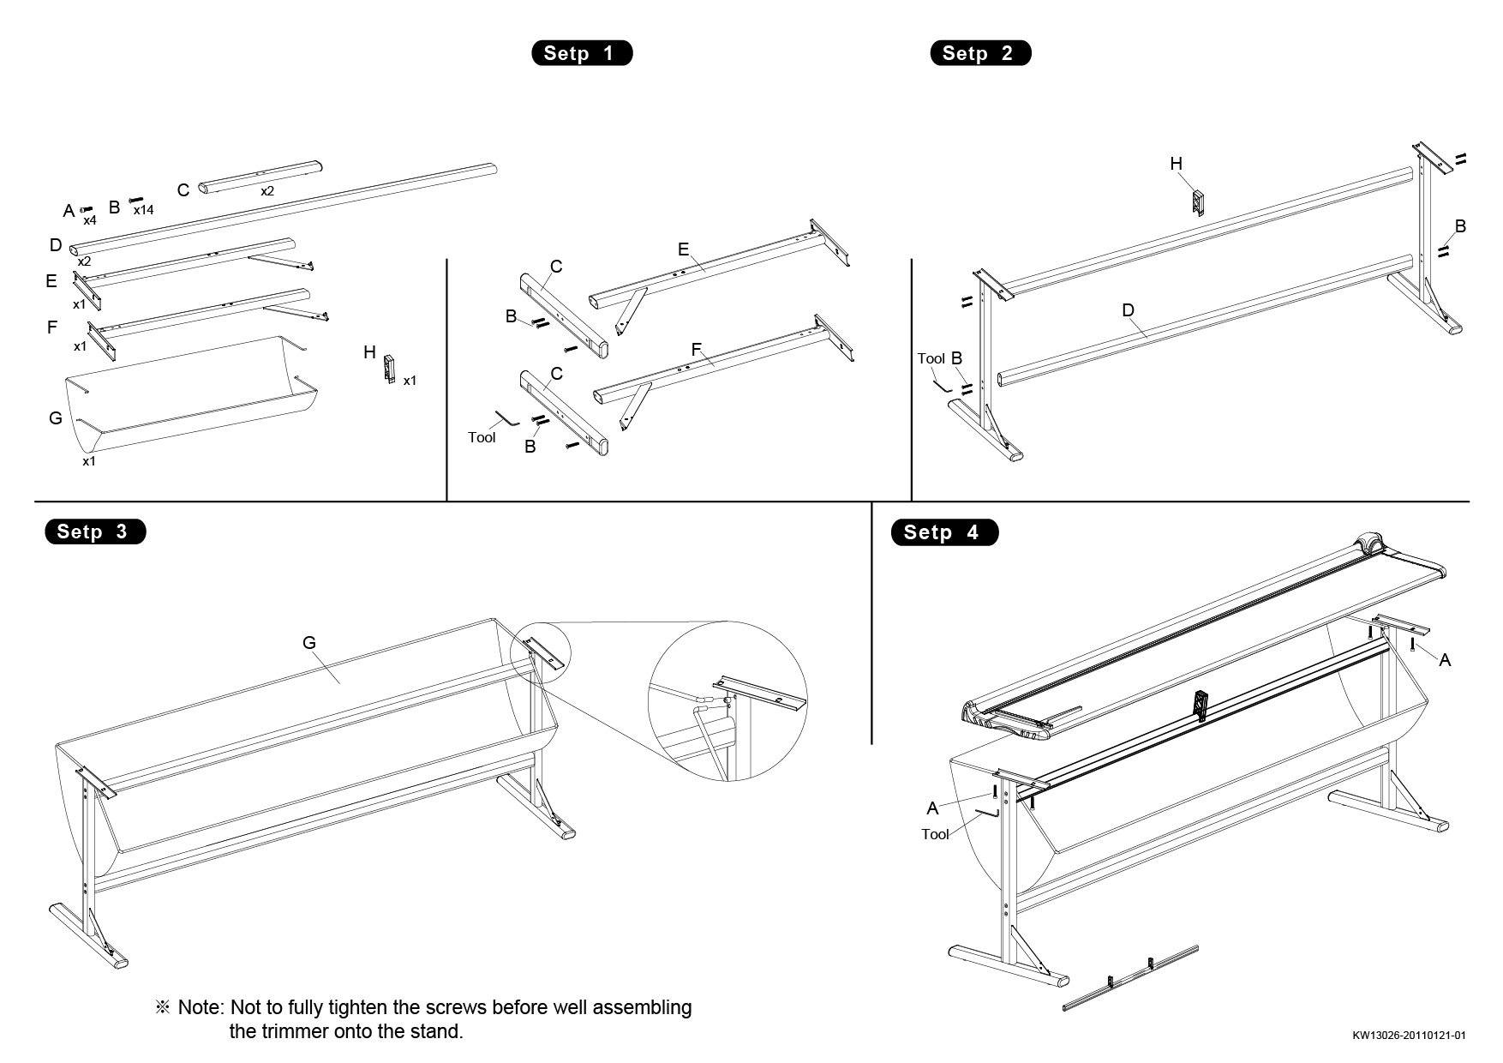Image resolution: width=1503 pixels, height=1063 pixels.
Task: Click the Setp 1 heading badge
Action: click(x=582, y=53)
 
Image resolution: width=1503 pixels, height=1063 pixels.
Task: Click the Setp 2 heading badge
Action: click(x=980, y=53)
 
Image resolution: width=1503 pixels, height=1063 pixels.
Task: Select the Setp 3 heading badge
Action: click(x=95, y=531)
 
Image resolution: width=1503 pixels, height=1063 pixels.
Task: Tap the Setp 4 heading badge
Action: click(x=944, y=532)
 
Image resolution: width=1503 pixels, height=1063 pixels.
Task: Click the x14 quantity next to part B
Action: click(x=143, y=210)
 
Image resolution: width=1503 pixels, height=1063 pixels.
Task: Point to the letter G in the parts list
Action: click(x=56, y=418)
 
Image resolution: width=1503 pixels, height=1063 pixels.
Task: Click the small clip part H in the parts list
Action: click(x=390, y=368)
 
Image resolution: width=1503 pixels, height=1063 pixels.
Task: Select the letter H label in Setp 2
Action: click(x=1176, y=164)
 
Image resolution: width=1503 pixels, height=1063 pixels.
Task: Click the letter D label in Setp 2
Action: click(x=1128, y=310)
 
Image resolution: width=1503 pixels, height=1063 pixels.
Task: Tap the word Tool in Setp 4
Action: click(x=935, y=834)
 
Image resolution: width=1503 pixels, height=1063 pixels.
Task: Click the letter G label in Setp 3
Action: click(x=309, y=642)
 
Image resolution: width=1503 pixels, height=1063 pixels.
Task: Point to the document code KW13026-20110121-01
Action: click(x=1413, y=1035)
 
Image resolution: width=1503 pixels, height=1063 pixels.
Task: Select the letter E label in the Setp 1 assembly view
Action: click(x=683, y=249)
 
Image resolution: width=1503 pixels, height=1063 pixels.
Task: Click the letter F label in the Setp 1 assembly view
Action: click(x=696, y=350)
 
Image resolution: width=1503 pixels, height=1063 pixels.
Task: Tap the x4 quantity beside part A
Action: click(x=89, y=220)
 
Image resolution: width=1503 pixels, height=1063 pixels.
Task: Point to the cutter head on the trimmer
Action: click(x=1368, y=544)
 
